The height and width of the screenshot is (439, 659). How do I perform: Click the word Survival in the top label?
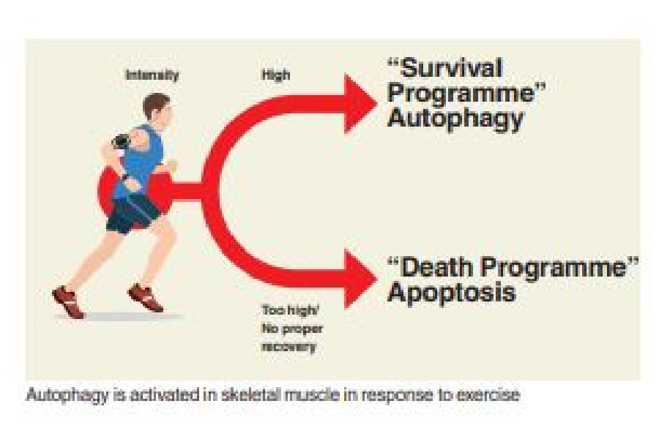point(452,67)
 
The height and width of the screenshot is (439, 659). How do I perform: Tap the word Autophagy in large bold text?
point(455,119)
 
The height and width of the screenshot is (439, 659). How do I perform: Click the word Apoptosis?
point(451,293)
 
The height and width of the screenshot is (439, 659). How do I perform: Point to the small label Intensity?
point(152,75)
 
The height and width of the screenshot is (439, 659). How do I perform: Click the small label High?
point(276,75)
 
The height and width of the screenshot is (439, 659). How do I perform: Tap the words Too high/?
point(291,310)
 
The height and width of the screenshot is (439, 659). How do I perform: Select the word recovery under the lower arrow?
point(288,347)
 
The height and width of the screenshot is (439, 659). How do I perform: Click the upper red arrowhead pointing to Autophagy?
point(360,103)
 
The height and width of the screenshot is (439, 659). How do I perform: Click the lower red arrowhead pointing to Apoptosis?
point(360,279)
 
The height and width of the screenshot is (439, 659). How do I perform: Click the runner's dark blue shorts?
point(132,214)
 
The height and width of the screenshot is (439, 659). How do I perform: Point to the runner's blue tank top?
point(141,162)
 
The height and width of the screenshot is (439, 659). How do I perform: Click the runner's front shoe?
point(145,296)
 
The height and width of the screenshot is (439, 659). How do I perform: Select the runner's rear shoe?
point(68,301)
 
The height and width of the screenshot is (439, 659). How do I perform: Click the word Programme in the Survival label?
point(461,93)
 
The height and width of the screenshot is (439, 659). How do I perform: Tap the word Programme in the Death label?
point(554,268)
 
